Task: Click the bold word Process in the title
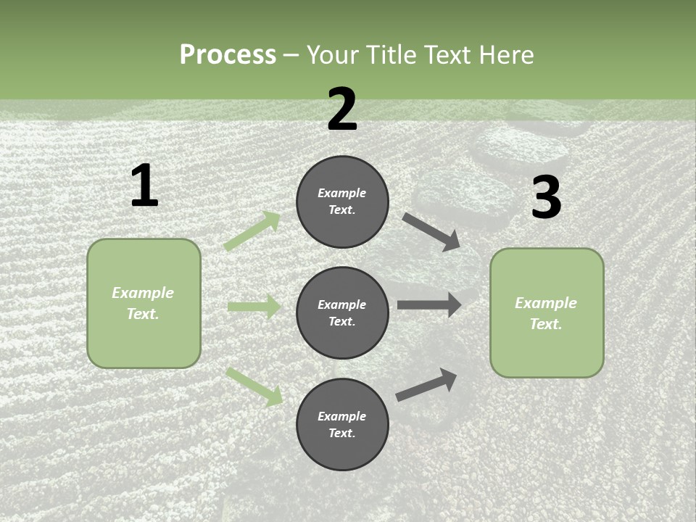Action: coord(228,55)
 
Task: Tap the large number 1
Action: coord(144,186)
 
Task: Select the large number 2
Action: coord(342,110)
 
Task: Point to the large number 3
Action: coord(546,199)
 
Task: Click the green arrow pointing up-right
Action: coord(252,231)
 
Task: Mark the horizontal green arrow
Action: coord(254,307)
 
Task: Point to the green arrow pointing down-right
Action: coord(254,386)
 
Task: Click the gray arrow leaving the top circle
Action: coord(431,232)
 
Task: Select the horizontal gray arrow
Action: coord(429,304)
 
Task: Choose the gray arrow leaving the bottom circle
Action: coord(426,385)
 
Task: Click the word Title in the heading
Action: coord(393,55)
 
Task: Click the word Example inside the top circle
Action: coord(342,194)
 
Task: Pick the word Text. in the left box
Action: coord(143,314)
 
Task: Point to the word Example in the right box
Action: coord(546,303)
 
